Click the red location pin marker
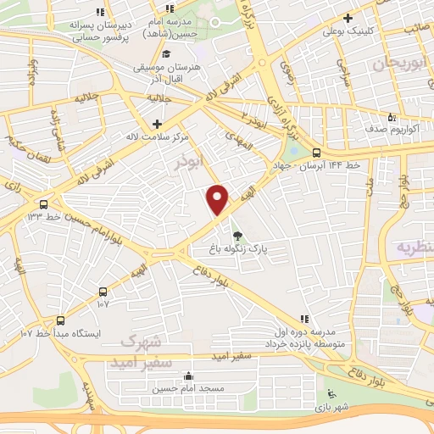click(218, 200)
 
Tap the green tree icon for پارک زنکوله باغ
click(237, 235)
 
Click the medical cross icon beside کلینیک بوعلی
click(348, 17)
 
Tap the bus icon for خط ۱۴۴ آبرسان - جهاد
click(316, 153)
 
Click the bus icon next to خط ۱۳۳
click(43, 203)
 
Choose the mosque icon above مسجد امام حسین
click(188, 376)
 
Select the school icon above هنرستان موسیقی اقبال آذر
click(165, 54)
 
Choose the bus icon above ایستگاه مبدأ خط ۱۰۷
click(60, 320)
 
